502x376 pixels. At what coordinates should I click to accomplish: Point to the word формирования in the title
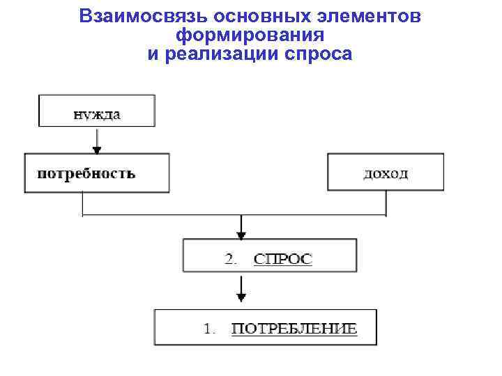[x=251, y=35]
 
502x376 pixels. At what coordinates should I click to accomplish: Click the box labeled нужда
[x=97, y=111]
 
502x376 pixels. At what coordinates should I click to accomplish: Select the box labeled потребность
[x=96, y=173]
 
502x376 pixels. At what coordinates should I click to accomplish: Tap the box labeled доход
[x=386, y=172]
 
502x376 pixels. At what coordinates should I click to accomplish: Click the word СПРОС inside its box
[x=283, y=259]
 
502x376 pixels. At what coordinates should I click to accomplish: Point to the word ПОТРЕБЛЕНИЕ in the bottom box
[x=294, y=329]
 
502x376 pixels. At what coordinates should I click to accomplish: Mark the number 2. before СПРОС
[x=231, y=259]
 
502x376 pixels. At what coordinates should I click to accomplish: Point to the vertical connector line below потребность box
[x=84, y=203]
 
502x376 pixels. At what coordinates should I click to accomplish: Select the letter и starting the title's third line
[x=153, y=54]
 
